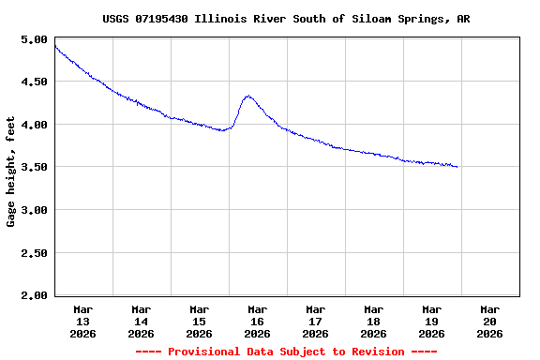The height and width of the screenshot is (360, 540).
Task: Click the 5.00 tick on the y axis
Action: point(34,39)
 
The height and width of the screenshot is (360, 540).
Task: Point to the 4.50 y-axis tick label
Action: point(34,82)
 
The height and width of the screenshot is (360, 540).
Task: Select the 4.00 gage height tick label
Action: point(34,125)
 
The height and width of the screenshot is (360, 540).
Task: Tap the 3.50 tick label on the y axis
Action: point(34,167)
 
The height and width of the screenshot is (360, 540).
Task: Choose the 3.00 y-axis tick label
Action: point(34,210)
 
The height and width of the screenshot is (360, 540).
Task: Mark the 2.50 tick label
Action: point(34,252)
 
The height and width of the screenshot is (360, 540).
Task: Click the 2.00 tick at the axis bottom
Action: point(34,295)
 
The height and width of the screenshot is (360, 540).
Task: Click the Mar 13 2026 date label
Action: point(83,321)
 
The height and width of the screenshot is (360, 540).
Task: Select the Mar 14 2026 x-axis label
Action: point(142,321)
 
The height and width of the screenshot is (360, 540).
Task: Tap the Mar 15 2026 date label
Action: point(200,321)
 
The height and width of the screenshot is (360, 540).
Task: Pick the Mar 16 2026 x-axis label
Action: point(258,321)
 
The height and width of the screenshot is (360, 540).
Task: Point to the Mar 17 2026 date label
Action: point(316,321)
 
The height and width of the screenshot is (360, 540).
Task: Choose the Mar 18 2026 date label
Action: point(374,321)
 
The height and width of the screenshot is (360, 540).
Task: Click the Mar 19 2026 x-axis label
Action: point(432,321)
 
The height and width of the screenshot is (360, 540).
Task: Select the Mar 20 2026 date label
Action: point(490,321)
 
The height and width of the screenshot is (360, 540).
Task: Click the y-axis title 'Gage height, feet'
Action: point(11,172)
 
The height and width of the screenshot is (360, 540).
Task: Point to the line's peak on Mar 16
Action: point(247,96)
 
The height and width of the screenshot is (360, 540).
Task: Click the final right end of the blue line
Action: point(457,167)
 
